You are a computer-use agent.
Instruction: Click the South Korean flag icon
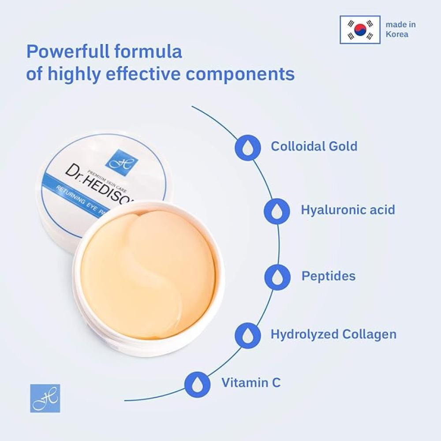(x=360, y=30)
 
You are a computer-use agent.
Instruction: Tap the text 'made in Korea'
(x=400, y=30)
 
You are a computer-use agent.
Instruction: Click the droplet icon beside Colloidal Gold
(x=247, y=147)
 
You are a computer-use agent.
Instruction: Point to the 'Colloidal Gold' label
(x=314, y=146)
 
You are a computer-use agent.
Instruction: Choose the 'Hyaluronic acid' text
(x=348, y=209)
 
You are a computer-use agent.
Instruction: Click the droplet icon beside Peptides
(x=277, y=277)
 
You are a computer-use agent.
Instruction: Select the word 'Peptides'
(x=329, y=276)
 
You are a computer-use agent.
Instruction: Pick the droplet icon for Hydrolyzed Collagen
(x=247, y=334)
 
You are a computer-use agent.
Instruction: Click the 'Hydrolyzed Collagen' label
(x=333, y=334)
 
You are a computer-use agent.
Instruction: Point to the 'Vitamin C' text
(x=251, y=382)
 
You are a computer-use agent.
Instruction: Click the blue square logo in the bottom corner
(x=45, y=398)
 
